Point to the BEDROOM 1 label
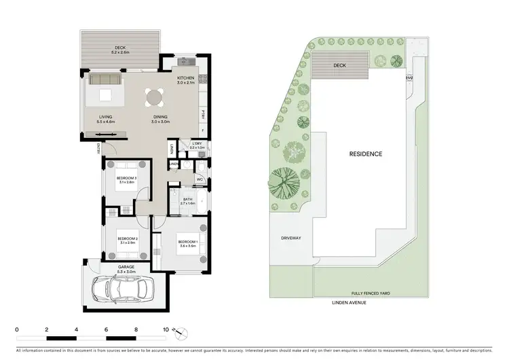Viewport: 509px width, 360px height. tap(188, 242)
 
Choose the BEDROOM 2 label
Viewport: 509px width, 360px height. tap(128, 239)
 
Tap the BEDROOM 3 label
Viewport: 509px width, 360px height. tap(127, 179)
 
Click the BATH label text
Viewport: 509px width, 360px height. tap(188, 199)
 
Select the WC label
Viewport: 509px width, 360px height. tap(200, 179)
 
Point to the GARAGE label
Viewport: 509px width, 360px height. tap(126, 268)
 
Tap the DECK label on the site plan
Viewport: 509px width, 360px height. tap(339, 66)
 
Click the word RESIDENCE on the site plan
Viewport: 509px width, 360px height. tap(365, 154)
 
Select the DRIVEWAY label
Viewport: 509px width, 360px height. tap(290, 238)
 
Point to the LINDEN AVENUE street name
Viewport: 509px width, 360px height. tap(349, 302)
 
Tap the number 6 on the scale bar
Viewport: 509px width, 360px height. tap(107, 329)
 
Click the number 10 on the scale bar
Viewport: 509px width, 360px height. tap(166, 329)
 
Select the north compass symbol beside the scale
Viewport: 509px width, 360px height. tap(179, 333)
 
